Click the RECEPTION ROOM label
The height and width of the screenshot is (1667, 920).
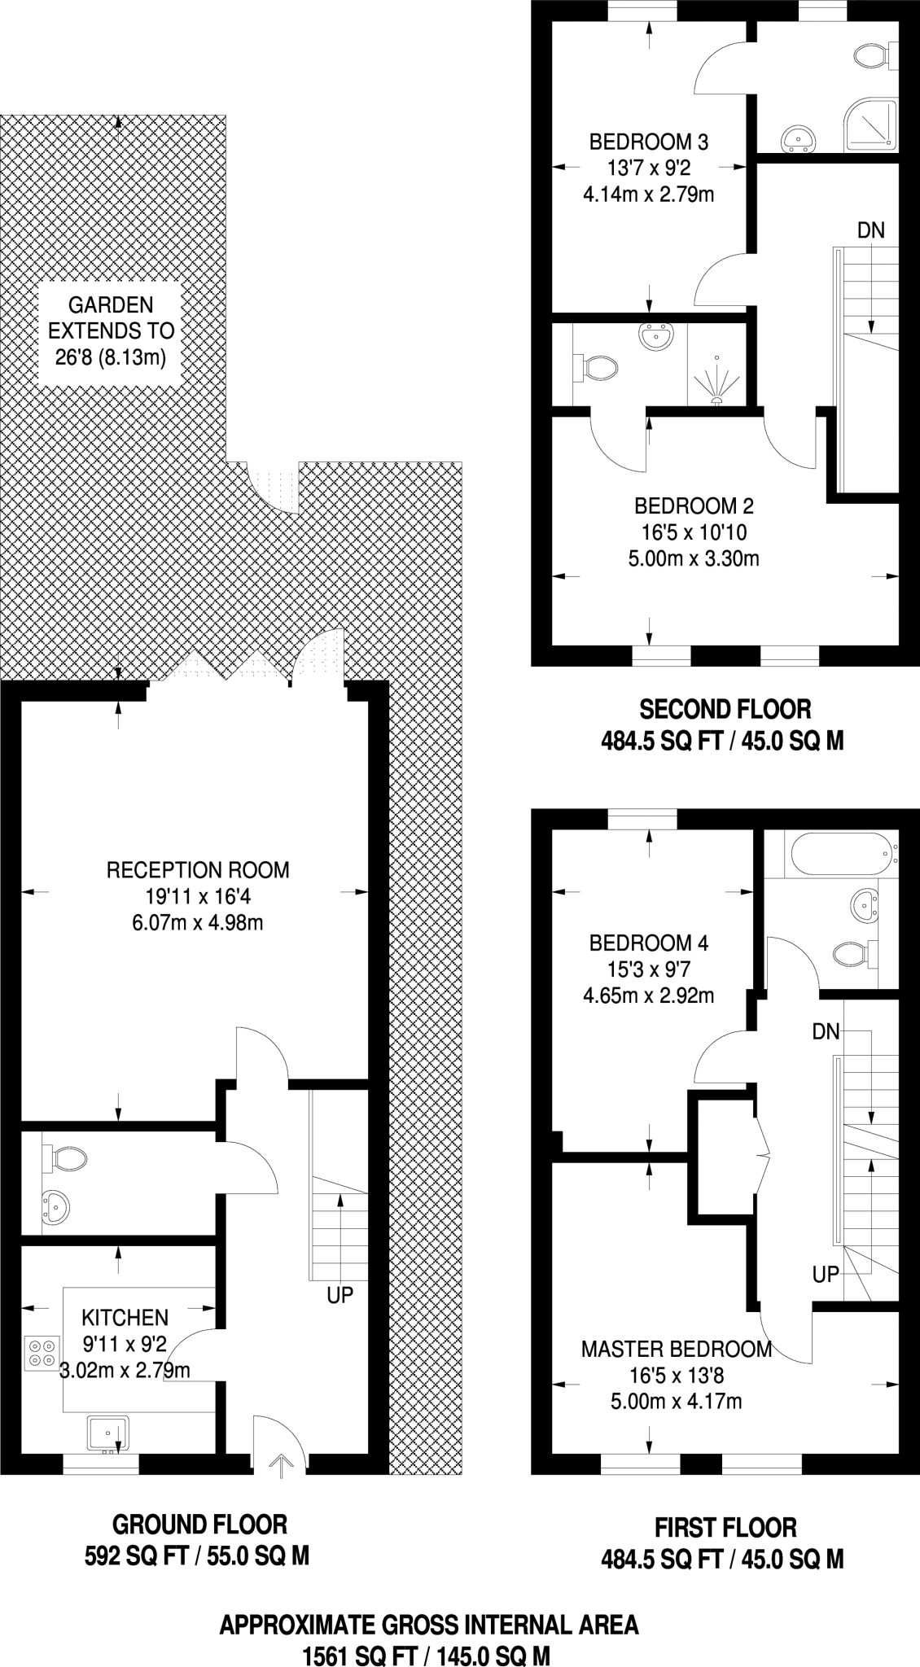coord(197,870)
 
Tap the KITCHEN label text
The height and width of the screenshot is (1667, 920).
coord(125,1317)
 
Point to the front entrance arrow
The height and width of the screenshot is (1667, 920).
coord(280,1466)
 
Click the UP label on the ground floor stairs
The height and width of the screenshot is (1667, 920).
coord(340,1295)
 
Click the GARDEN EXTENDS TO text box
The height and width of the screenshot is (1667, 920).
coord(111,331)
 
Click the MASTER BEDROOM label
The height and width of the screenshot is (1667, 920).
coord(676,1350)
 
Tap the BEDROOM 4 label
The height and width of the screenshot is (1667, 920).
coord(649,943)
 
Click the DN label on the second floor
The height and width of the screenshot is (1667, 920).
coord(870,230)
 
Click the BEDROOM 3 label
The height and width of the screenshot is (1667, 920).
coord(649,142)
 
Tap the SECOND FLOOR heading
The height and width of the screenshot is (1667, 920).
coord(725,709)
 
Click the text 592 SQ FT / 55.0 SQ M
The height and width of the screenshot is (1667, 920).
coord(197,1556)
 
